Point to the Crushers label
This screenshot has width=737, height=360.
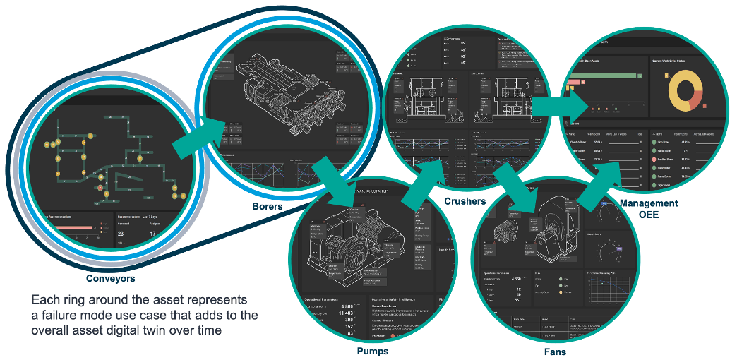click(x=465, y=201)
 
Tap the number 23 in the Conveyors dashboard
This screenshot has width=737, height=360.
click(x=121, y=234)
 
